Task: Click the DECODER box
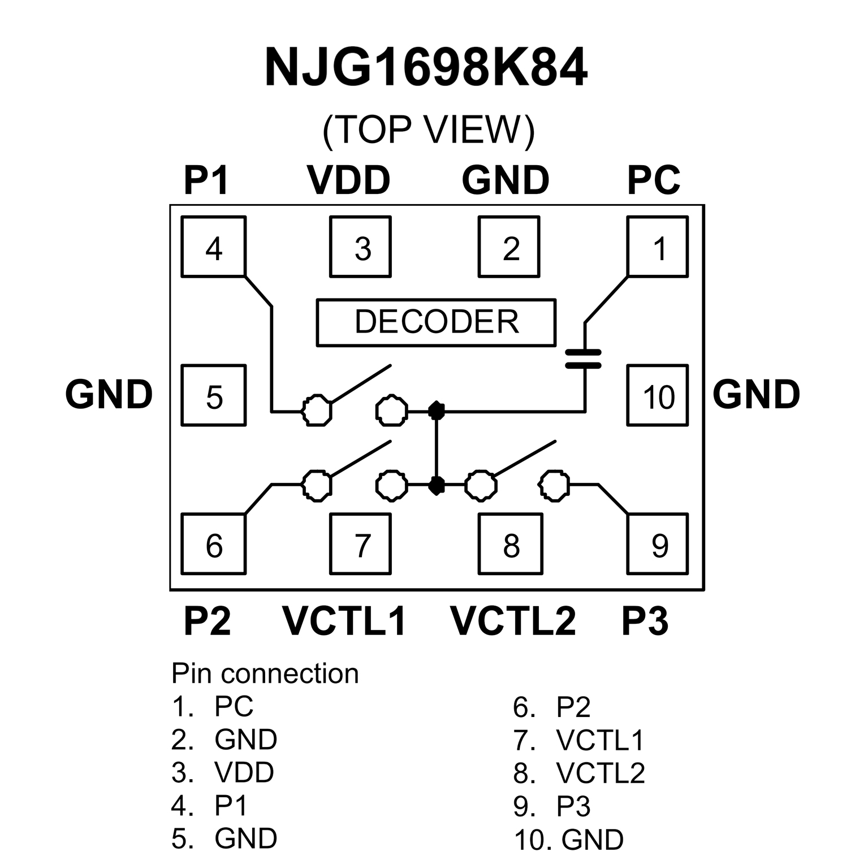(x=436, y=322)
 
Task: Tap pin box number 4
(x=214, y=247)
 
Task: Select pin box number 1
(x=658, y=247)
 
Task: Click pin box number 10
(x=658, y=396)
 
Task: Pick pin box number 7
(x=361, y=544)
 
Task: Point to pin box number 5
(x=214, y=396)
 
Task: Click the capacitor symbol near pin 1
(x=584, y=359)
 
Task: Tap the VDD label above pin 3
(x=348, y=180)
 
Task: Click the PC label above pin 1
(x=653, y=180)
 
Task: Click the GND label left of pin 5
(x=109, y=394)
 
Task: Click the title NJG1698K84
(x=426, y=68)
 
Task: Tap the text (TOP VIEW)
(x=428, y=131)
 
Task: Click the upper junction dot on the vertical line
(x=436, y=410)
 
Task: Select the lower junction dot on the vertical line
(x=436, y=485)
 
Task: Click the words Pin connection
(x=265, y=673)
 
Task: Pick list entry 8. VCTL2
(x=579, y=773)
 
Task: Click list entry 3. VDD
(x=223, y=772)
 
